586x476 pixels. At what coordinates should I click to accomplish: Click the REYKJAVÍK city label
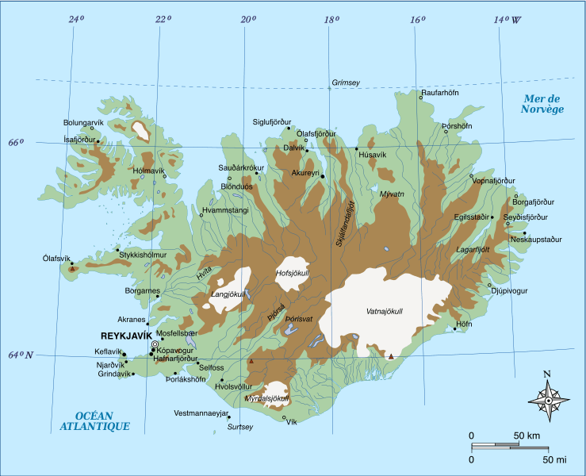(x=126, y=335)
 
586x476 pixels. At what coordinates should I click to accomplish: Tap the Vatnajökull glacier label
(x=386, y=310)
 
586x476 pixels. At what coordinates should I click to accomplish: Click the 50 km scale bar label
(x=527, y=436)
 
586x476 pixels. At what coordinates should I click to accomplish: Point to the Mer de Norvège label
(x=542, y=104)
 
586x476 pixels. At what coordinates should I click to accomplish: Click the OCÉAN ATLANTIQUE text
(x=94, y=421)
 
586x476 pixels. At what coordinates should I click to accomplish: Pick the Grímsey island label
(x=345, y=83)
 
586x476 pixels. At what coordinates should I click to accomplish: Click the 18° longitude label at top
(x=331, y=20)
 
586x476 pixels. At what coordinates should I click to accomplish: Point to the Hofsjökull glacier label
(x=291, y=273)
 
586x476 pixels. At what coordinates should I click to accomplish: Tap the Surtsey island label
(x=240, y=427)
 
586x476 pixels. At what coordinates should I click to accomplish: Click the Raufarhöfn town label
(x=440, y=93)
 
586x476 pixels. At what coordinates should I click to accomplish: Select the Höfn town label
(x=464, y=324)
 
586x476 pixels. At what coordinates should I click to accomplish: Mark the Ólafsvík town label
(x=57, y=259)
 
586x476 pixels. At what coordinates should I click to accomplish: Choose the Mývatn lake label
(x=392, y=194)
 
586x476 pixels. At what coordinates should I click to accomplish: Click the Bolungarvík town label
(x=83, y=122)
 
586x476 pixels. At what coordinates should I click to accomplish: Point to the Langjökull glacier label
(x=228, y=294)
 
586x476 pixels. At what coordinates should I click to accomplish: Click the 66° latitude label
(x=16, y=143)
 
